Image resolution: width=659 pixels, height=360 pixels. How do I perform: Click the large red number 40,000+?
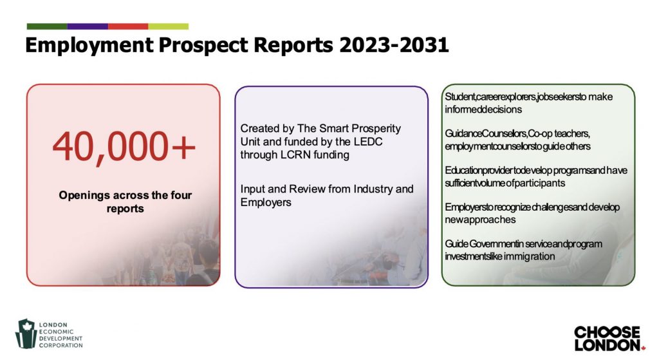[x=124, y=147]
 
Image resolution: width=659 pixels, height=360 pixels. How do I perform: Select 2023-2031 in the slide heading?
[x=394, y=45]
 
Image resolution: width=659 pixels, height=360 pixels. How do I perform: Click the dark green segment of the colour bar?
[x=47, y=26]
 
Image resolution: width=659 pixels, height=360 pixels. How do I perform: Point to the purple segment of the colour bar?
[x=88, y=26]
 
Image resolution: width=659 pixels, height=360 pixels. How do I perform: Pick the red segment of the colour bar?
[x=128, y=26]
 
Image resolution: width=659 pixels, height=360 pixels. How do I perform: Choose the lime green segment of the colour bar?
[x=168, y=26]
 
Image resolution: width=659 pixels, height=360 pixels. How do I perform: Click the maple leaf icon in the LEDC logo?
[x=26, y=326]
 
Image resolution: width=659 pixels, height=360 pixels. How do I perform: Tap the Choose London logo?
[x=609, y=338]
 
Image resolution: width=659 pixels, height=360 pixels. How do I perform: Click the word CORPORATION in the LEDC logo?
[x=61, y=345]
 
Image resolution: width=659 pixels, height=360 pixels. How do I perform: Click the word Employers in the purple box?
[x=266, y=202]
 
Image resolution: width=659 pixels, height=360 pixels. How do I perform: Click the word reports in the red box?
[x=125, y=209]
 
